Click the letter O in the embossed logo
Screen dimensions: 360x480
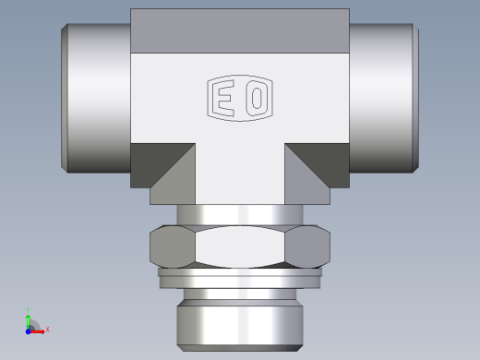(x=256, y=99)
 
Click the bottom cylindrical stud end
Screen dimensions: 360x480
(x=240, y=318)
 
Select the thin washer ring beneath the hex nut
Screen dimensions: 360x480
(x=240, y=272)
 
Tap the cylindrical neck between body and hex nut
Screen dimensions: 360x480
(x=240, y=214)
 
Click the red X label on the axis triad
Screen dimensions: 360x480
(x=47, y=329)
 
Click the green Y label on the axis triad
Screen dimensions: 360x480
(x=30, y=310)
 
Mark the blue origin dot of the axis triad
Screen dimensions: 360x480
(x=30, y=329)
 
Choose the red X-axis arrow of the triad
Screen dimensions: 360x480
(x=39, y=329)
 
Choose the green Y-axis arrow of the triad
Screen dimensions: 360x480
(x=30, y=319)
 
